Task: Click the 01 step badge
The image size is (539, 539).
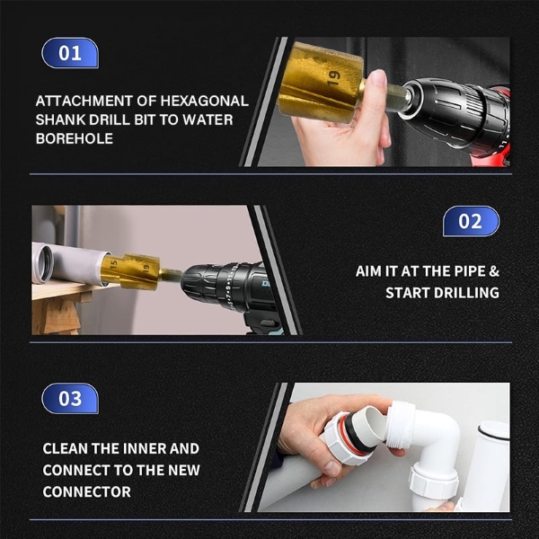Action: (x=70, y=53)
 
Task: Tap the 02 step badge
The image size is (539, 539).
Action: (x=470, y=221)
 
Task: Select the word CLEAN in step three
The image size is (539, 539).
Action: (x=67, y=448)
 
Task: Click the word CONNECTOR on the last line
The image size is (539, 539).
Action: (x=87, y=491)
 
